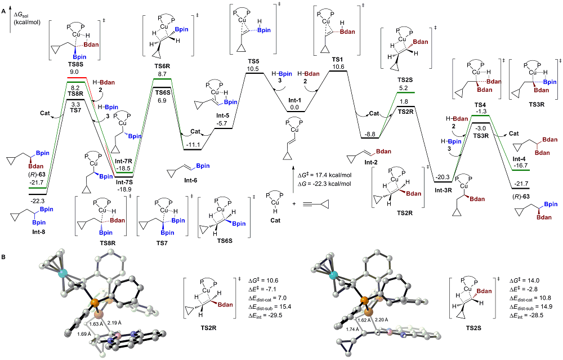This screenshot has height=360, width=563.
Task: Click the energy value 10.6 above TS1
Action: pyautogui.click(x=338, y=66)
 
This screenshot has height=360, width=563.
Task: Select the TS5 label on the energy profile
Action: pyautogui.click(x=252, y=61)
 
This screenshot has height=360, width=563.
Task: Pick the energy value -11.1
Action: pyautogui.click(x=196, y=145)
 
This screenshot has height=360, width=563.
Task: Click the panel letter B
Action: pyautogui.click(x=4, y=257)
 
